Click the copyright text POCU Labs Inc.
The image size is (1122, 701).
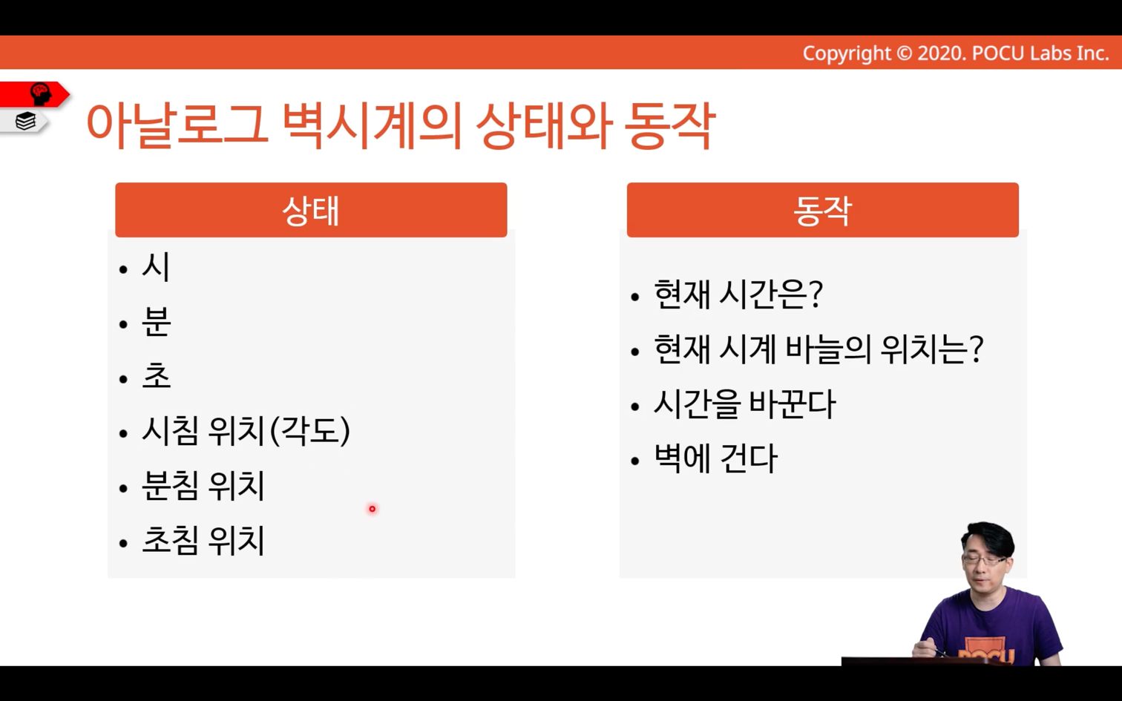pos(1040,53)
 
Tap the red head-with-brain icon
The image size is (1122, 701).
pos(41,94)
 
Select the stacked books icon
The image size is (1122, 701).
pos(25,121)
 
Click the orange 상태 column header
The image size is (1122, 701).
pos(311,210)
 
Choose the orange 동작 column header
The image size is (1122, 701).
pos(822,210)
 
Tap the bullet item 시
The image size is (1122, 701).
pos(156,266)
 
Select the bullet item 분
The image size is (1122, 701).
pos(157,321)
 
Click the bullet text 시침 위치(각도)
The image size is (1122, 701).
pos(246,430)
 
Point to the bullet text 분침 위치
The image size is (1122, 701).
pos(203,485)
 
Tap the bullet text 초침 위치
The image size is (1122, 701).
pos(203,540)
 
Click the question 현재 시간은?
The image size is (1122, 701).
pos(738,294)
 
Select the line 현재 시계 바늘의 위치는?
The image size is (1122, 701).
pos(818,349)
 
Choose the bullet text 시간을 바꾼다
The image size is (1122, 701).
pos(745,404)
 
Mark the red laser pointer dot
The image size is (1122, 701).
pos(373,509)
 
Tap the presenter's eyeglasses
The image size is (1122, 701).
pos(984,560)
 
